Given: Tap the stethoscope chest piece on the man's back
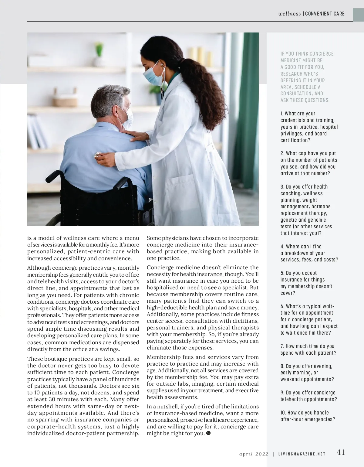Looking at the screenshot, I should [98, 156].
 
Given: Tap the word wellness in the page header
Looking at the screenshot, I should [289, 14].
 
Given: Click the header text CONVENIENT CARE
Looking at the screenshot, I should [325, 14].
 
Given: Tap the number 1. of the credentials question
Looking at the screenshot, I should [282, 114].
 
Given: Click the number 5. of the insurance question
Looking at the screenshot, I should [282, 273].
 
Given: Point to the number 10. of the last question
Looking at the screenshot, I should [283, 413].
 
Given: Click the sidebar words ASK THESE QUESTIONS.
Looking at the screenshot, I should [305, 100].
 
